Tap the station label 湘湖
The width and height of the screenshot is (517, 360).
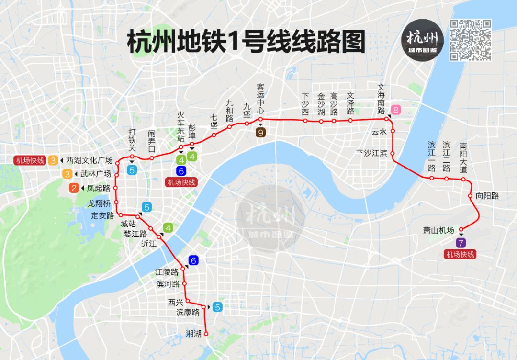pos(193,334)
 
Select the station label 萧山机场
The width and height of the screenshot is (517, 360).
pos(438,230)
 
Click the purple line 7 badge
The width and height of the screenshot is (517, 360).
pos(461,243)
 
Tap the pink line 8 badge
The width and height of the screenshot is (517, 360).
pos(395,110)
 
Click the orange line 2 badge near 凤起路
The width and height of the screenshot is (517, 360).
pos(74,188)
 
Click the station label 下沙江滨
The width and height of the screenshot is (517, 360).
pos(372,153)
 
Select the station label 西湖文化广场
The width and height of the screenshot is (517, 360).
pos(90,160)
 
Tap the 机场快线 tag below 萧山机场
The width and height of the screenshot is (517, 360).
pos(461,254)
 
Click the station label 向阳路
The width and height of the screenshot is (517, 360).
pos(487,196)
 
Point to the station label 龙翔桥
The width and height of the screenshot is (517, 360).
pos(99,203)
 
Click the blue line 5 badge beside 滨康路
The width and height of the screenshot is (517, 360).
pos(218,307)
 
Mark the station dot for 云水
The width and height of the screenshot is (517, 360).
pos(393,130)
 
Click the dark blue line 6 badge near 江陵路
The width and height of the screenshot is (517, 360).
pos(193,261)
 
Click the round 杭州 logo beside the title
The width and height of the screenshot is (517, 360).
pos(422,40)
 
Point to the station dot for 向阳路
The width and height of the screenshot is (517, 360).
pos(471,196)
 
